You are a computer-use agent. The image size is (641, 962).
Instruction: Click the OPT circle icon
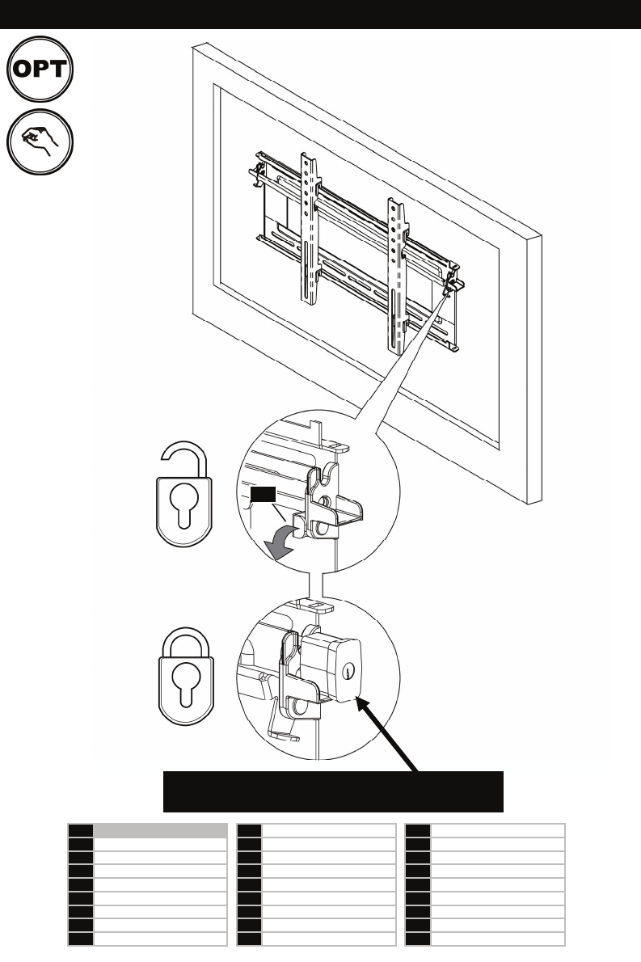[x=40, y=69]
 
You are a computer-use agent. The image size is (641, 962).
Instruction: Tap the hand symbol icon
[x=40, y=141]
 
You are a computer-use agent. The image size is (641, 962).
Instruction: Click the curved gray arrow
[x=282, y=541]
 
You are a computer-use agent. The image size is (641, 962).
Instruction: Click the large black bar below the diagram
[x=333, y=791]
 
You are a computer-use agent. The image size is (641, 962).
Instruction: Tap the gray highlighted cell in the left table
[x=160, y=831]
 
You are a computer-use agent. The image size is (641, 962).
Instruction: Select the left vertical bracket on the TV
[x=310, y=228]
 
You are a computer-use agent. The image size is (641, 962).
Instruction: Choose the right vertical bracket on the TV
[x=398, y=276]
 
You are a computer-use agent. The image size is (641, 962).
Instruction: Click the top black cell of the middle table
[x=249, y=831]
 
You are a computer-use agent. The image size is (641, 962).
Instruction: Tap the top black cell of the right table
[x=418, y=831]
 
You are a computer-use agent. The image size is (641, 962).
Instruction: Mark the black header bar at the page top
[x=320, y=14]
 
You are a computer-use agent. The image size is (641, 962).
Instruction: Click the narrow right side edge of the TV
[x=535, y=369]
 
